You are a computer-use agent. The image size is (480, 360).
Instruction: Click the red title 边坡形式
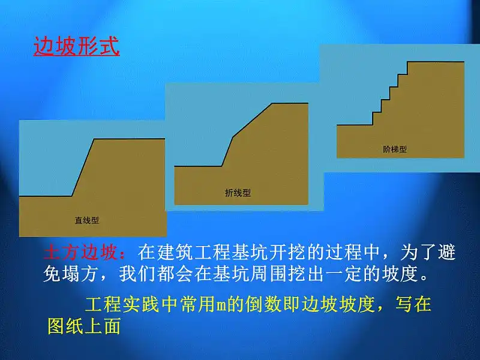pos(77,47)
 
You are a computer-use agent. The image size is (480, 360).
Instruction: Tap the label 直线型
pos(87,220)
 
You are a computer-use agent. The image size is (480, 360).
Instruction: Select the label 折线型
pos(238,193)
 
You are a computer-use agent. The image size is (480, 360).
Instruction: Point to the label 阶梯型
pos(395,149)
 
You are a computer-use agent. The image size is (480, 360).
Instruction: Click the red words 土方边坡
pos(81,253)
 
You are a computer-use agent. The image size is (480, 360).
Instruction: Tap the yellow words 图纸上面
pos(84,326)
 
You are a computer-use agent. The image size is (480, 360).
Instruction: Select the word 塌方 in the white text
pos(81,274)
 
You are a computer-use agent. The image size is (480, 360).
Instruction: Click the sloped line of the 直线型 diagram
pos(83,167)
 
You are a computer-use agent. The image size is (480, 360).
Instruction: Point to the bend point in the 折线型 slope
pos(233,137)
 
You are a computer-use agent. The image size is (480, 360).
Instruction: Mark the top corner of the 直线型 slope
pos(95,139)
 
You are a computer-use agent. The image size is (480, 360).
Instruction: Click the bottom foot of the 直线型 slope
pos(71,196)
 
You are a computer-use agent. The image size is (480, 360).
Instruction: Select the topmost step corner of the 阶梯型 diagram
pos(407,62)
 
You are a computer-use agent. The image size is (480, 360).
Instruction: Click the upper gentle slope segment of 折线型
pos(253,120)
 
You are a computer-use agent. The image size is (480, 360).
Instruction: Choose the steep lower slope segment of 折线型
pos(227,152)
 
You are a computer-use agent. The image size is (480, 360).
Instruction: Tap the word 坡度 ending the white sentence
pos(400,274)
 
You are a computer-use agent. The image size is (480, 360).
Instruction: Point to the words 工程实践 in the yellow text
pos(122,304)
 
